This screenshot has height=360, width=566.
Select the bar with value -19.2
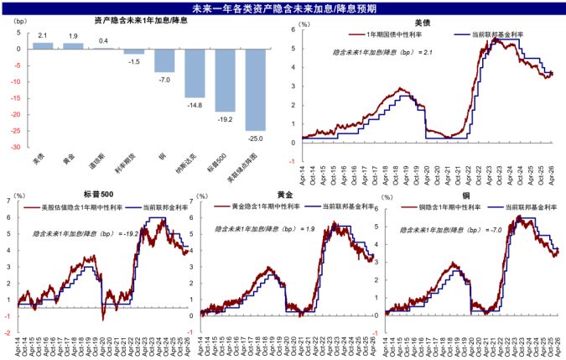[x=225, y=80]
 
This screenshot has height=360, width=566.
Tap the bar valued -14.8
[x=195, y=73]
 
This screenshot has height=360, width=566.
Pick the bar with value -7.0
[x=164, y=60]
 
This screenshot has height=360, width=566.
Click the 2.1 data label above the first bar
[x=43, y=36]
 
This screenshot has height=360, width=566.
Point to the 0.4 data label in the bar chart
[x=103, y=41]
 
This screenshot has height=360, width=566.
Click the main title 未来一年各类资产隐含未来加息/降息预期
[x=283, y=8]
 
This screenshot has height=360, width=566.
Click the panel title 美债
[x=423, y=23]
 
